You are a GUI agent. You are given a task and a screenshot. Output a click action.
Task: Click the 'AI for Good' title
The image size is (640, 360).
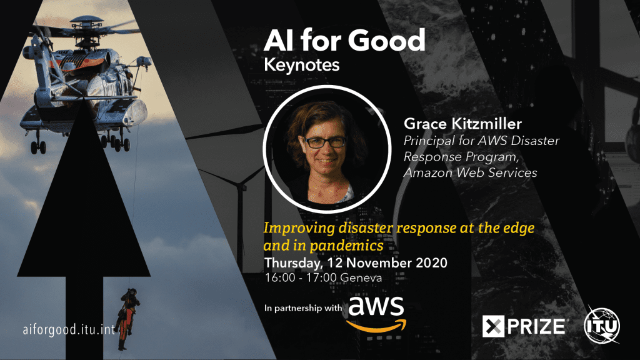point(344,41)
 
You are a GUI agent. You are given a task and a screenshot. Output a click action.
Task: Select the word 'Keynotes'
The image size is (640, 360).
point(302,64)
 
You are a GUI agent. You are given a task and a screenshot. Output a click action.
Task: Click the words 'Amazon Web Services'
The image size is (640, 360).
point(471,172)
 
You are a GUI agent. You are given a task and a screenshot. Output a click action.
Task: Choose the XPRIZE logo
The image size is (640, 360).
point(524,326)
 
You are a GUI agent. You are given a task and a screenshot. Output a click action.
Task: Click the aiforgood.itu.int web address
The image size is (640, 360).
point(67,329)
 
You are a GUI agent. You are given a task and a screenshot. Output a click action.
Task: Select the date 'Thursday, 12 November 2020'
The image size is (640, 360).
point(356,262)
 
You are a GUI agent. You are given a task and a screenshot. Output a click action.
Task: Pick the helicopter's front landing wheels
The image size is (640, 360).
point(38,147)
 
